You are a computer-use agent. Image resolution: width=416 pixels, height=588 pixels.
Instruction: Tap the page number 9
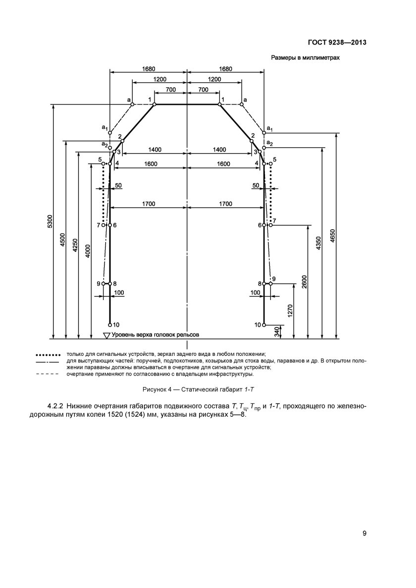click(364, 534)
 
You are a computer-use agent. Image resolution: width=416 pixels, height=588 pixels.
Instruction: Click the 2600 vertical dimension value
click(304, 282)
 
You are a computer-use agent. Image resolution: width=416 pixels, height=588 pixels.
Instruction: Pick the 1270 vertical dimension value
click(290, 310)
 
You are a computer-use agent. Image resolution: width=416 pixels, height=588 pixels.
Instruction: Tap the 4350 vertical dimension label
click(319, 244)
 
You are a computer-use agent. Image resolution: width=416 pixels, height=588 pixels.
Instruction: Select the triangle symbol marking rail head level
click(106, 336)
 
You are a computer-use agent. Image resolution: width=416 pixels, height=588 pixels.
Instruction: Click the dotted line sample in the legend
click(48, 355)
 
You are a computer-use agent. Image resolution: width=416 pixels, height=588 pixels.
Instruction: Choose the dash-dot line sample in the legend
click(48, 362)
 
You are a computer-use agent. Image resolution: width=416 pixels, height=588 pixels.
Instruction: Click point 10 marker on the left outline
click(110, 325)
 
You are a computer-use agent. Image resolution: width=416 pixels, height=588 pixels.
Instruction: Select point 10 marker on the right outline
click(263, 325)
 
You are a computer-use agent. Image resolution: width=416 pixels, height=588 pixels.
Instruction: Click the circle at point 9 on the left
click(104, 284)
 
